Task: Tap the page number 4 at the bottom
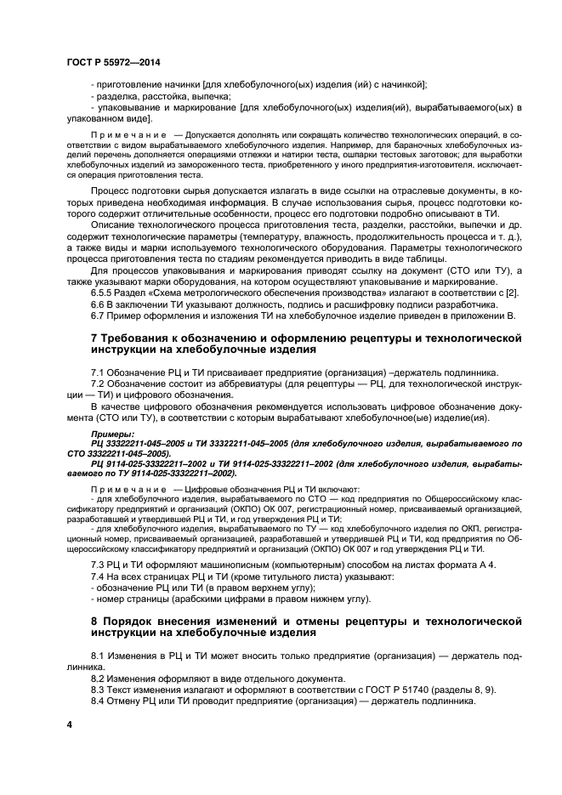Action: [x=70, y=724]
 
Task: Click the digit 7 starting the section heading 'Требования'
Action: [x=94, y=338]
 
